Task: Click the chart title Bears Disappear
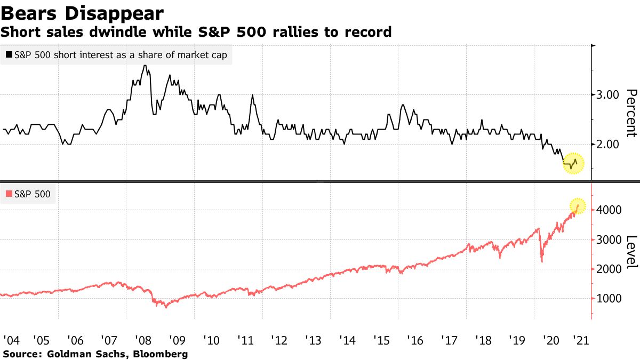click(82, 12)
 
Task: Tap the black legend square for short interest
click(9, 54)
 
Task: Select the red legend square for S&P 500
click(9, 195)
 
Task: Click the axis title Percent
click(631, 114)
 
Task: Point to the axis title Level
click(631, 252)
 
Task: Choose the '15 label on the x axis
click(382, 340)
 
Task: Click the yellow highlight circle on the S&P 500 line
click(578, 206)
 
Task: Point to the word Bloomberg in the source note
click(163, 354)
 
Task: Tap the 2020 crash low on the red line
click(542, 261)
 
